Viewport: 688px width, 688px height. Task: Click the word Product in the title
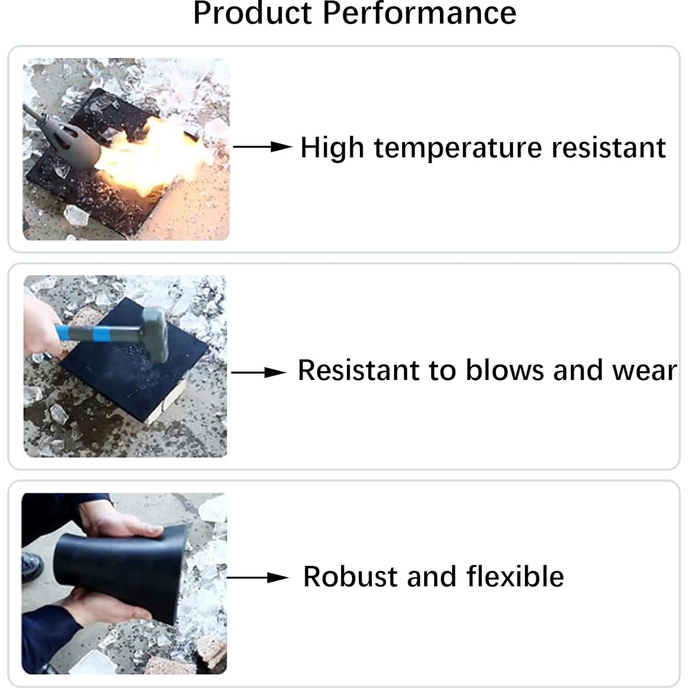pyautogui.click(x=252, y=13)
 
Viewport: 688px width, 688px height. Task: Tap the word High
pyautogui.click(x=332, y=148)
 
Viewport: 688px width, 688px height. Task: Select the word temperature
pyautogui.click(x=458, y=148)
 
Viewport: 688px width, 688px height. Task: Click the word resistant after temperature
pyautogui.click(x=609, y=147)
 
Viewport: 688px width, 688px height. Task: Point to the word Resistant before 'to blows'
pyautogui.click(x=358, y=370)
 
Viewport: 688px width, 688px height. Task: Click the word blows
pyautogui.click(x=505, y=370)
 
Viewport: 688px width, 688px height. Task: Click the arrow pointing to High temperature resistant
pyautogui.click(x=262, y=146)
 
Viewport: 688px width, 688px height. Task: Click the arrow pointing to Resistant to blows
pyautogui.click(x=259, y=372)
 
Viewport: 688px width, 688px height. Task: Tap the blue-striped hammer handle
pyautogui.click(x=99, y=333)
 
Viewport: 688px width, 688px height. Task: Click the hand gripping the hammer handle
pyautogui.click(x=41, y=329)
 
